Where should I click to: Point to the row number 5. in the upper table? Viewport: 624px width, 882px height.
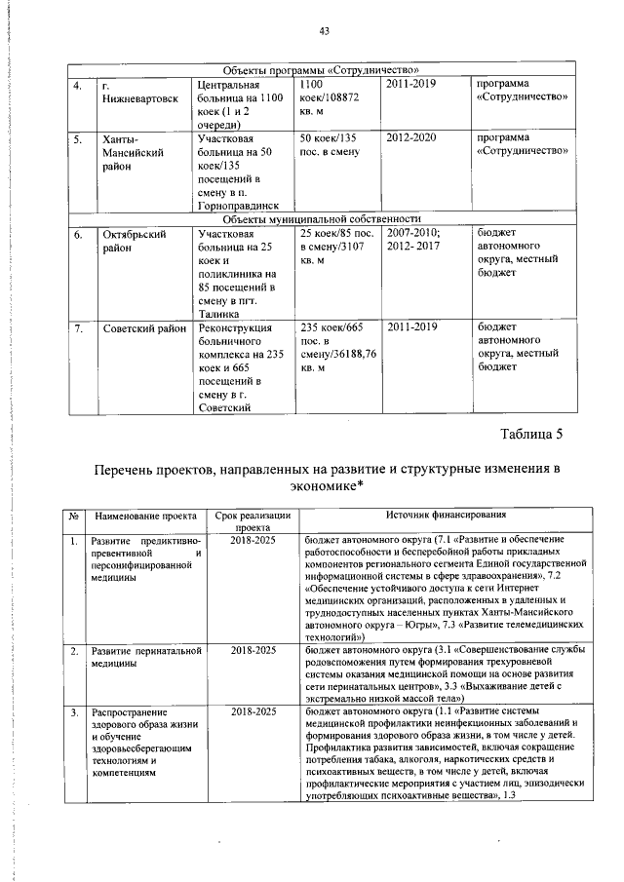click(77, 139)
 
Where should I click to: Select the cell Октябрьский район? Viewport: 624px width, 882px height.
click(134, 241)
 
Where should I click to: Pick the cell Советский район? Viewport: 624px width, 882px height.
click(144, 328)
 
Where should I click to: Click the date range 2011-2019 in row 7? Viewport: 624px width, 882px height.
click(413, 328)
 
